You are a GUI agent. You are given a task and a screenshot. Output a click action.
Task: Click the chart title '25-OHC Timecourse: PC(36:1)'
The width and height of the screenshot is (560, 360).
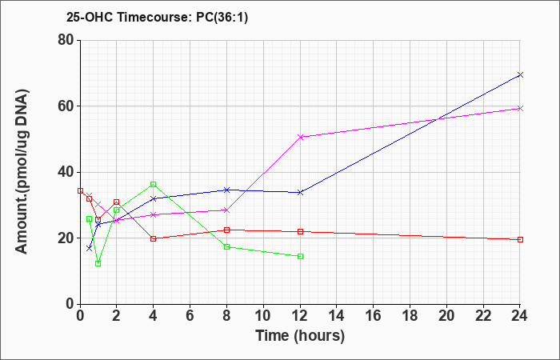tap(157, 17)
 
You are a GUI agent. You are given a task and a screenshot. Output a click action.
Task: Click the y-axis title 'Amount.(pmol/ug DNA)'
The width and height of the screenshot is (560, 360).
tap(22, 172)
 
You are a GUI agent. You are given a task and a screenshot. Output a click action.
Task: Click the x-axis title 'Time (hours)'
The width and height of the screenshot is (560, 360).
tap(300, 336)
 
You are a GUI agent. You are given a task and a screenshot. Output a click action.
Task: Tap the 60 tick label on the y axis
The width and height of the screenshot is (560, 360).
tap(66, 106)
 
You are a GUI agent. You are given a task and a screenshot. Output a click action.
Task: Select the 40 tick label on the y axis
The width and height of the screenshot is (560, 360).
tap(66, 172)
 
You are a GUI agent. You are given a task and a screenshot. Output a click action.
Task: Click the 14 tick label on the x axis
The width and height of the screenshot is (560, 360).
tap(337, 316)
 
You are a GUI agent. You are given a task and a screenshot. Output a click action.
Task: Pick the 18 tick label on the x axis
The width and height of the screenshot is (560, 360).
tap(410, 316)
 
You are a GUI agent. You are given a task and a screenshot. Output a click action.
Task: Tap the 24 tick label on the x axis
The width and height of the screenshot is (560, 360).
tap(520, 316)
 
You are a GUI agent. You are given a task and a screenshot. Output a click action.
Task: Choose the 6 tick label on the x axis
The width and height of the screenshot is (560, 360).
tap(190, 316)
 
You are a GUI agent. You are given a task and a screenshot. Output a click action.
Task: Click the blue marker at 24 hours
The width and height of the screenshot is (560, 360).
tap(520, 74)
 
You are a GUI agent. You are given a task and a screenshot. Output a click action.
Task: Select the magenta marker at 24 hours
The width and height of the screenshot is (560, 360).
tap(520, 108)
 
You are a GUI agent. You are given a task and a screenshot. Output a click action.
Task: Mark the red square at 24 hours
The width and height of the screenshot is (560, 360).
tap(520, 240)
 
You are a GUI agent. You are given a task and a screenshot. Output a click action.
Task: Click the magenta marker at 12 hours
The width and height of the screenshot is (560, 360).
tap(300, 137)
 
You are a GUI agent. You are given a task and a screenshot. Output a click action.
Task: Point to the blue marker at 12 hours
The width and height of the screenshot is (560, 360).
tap(300, 192)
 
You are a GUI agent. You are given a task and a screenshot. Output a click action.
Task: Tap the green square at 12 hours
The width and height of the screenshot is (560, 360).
tap(300, 257)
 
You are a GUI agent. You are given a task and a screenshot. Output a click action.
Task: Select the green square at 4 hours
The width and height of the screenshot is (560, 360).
tap(154, 184)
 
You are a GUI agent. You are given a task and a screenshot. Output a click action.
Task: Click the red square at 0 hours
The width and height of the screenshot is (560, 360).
tap(80, 190)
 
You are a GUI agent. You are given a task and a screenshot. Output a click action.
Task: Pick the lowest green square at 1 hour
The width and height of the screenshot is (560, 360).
tap(98, 263)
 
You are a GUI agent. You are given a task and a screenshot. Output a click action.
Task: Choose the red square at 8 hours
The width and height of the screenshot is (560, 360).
tap(226, 230)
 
